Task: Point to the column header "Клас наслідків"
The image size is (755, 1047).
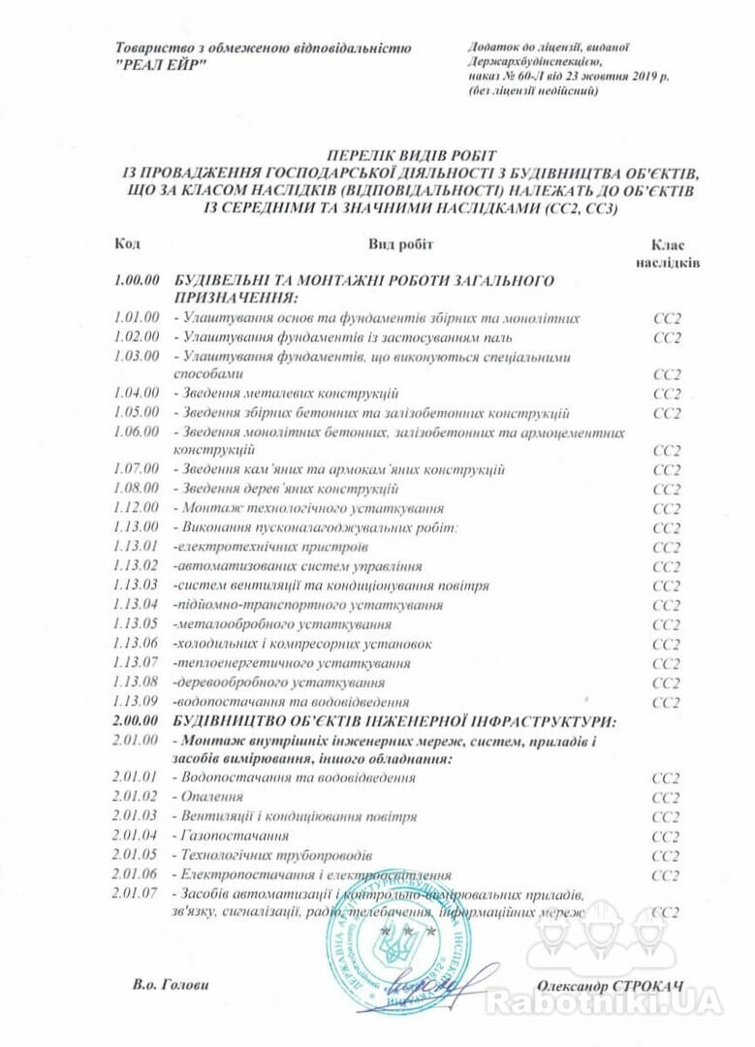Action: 669,254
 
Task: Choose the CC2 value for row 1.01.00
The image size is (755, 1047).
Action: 667,318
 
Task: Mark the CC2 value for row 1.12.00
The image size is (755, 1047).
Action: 667,508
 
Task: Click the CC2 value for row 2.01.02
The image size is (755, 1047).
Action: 667,797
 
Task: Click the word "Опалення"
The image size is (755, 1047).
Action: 204,797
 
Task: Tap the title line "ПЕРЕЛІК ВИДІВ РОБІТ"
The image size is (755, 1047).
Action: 411,155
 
